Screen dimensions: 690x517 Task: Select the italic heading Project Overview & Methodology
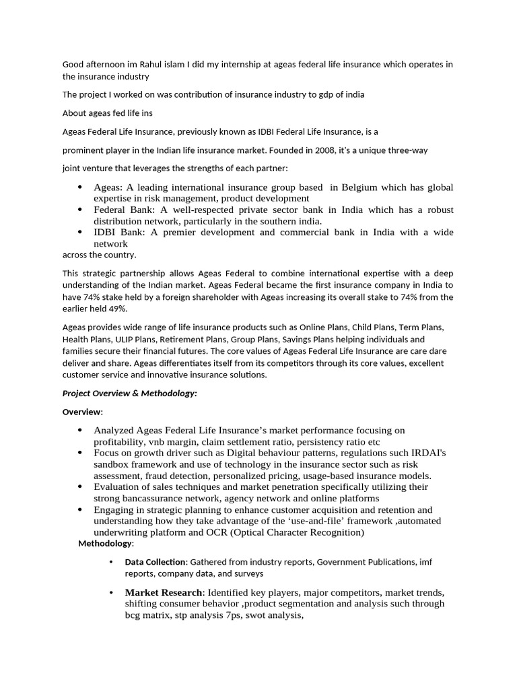click(129, 394)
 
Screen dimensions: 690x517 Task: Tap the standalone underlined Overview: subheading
click(83, 412)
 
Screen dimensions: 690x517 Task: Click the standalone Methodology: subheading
click(106, 543)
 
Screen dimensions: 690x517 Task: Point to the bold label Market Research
click(164, 592)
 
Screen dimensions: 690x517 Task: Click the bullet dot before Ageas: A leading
click(80, 187)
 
